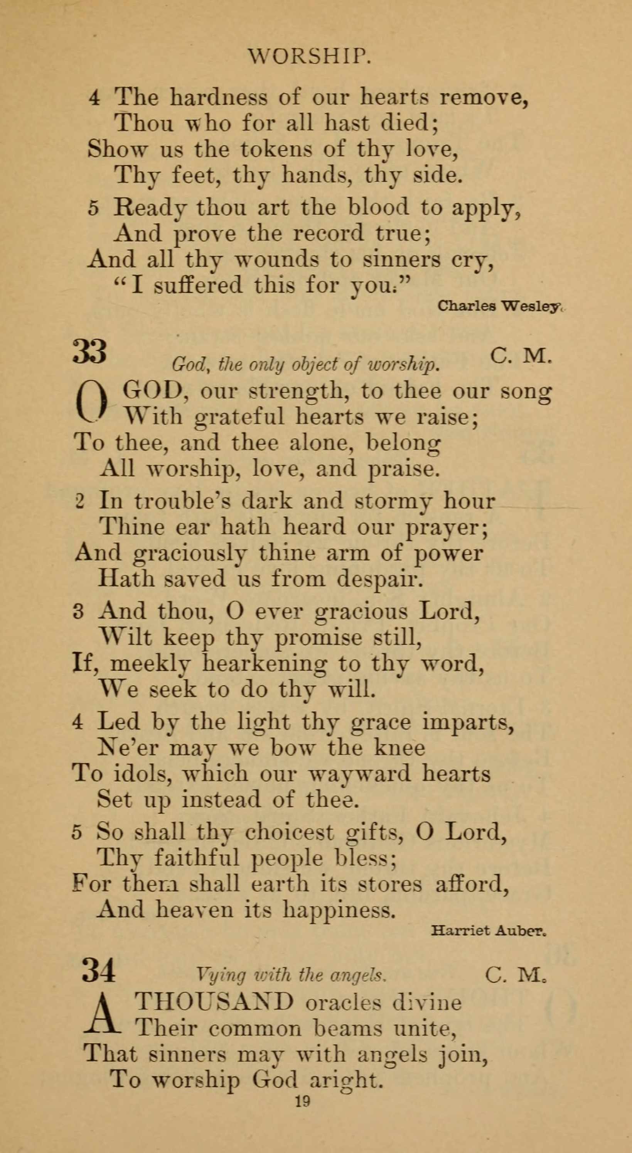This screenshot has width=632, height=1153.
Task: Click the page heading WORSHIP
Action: click(x=310, y=57)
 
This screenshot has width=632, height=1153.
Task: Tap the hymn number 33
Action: click(x=89, y=352)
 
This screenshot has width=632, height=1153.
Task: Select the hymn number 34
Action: click(x=98, y=970)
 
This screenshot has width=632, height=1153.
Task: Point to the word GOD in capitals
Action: click(x=153, y=391)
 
